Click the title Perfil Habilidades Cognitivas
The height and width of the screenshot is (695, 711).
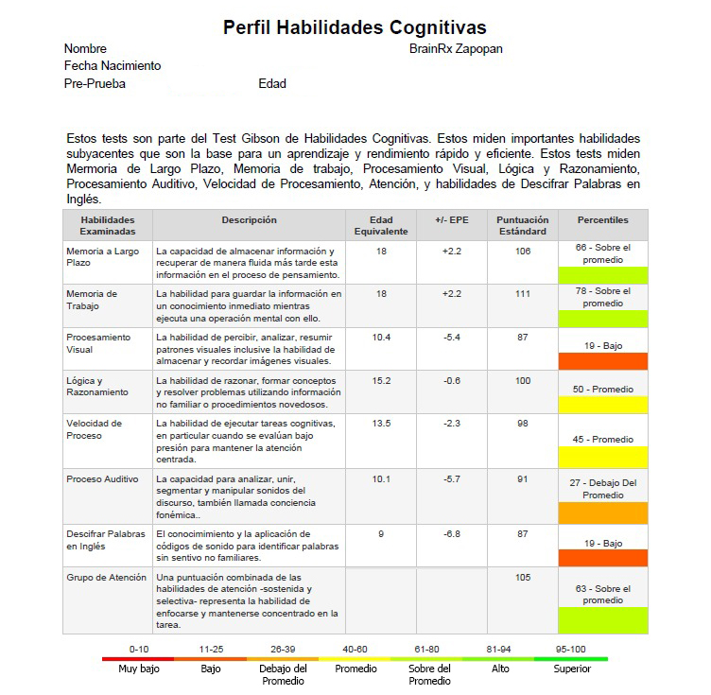(x=355, y=27)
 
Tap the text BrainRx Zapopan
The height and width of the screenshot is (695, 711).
(x=456, y=49)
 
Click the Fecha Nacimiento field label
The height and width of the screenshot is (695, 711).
(x=113, y=66)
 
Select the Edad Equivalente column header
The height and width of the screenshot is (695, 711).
(x=381, y=225)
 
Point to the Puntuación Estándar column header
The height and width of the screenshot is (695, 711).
(x=523, y=225)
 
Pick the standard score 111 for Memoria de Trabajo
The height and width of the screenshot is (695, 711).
(x=523, y=294)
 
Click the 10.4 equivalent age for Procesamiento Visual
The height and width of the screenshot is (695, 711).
(x=381, y=338)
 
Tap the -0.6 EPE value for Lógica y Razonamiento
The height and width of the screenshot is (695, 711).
(x=452, y=381)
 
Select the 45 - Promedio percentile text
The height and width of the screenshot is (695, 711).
(x=602, y=439)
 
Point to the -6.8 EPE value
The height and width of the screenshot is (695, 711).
(x=452, y=534)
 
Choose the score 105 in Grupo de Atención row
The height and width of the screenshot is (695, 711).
(x=523, y=577)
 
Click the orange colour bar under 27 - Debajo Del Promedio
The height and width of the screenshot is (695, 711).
(x=602, y=513)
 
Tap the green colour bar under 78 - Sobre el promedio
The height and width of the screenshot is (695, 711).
(x=602, y=319)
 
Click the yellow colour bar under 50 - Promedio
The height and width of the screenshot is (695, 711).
(x=602, y=404)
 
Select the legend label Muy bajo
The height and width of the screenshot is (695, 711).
(x=139, y=669)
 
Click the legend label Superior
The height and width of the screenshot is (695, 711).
(x=572, y=669)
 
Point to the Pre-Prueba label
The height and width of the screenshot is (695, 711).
(x=95, y=84)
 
